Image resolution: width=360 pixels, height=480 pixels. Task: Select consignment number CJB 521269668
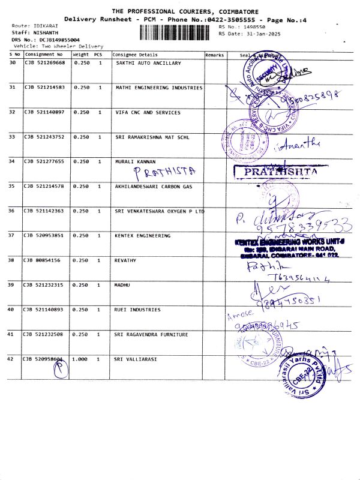click(x=44, y=63)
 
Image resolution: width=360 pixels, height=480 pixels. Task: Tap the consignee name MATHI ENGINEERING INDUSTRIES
click(x=159, y=88)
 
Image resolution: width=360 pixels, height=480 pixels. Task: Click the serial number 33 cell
click(x=13, y=137)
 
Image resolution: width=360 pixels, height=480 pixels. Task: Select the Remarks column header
click(x=214, y=55)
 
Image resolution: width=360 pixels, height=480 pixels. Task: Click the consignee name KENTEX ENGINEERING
click(x=143, y=236)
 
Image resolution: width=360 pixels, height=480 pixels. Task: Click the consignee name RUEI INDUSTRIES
click(x=138, y=310)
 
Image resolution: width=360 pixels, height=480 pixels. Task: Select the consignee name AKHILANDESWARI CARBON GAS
click(x=154, y=186)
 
